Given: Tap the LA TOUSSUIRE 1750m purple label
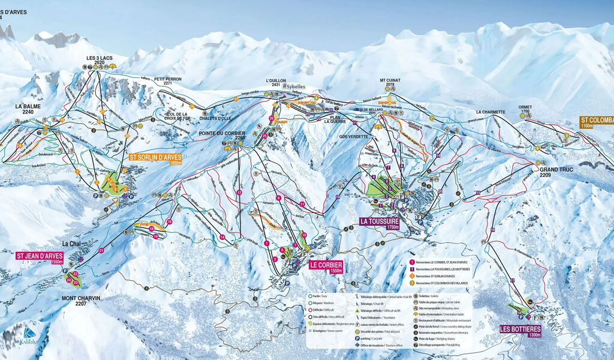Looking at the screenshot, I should (x=380, y=223).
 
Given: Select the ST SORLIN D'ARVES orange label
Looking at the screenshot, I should (x=155, y=159).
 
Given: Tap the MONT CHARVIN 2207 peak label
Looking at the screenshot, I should (x=80, y=300).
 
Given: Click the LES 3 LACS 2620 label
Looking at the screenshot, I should (x=100, y=60).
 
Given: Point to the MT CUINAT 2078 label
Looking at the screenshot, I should (x=390, y=82).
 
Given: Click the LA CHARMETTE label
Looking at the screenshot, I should (x=492, y=112).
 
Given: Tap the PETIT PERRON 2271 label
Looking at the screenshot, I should (x=167, y=81).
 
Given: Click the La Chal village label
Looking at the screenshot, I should (x=71, y=244).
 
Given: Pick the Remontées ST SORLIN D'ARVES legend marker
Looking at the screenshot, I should (x=412, y=276).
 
